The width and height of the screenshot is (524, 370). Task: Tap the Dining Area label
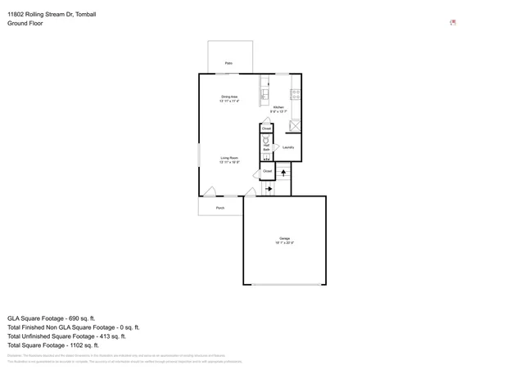pos(228,98)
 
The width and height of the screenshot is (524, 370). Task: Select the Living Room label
pos(228,160)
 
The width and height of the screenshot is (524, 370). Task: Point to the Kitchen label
pos(278,108)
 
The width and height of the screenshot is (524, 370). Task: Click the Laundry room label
pos(288,147)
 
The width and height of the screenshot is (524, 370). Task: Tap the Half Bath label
pos(266,148)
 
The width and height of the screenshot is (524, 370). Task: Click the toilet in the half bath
pos(266,139)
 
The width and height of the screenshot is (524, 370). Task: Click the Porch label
pos(220,208)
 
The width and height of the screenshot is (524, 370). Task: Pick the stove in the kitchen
pos(296,92)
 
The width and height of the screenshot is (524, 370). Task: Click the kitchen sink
pos(264,92)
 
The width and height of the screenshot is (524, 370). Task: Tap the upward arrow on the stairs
pos(283,173)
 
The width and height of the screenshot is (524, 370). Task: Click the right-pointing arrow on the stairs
pos(269,189)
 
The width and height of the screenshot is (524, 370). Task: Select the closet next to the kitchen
pos(266,129)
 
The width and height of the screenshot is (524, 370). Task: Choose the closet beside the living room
pos(267,171)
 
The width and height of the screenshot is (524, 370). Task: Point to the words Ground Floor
pos(25,24)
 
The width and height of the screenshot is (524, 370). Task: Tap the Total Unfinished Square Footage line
pos(66,336)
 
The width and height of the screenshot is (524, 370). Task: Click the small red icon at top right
pos(453,23)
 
